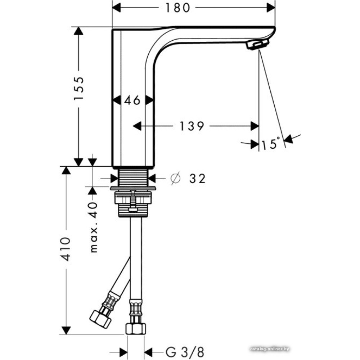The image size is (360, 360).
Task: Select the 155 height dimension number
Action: pos(79,88)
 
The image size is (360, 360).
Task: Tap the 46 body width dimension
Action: pos(132,100)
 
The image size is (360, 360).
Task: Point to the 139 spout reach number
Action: pos(192,126)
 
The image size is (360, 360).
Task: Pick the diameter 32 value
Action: pos(197,179)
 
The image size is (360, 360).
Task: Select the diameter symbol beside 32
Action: pos(176,179)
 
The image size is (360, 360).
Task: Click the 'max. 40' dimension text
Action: pos(94,227)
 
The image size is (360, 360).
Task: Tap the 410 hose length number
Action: pos(66,249)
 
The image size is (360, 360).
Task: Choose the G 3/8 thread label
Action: pos(184,352)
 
